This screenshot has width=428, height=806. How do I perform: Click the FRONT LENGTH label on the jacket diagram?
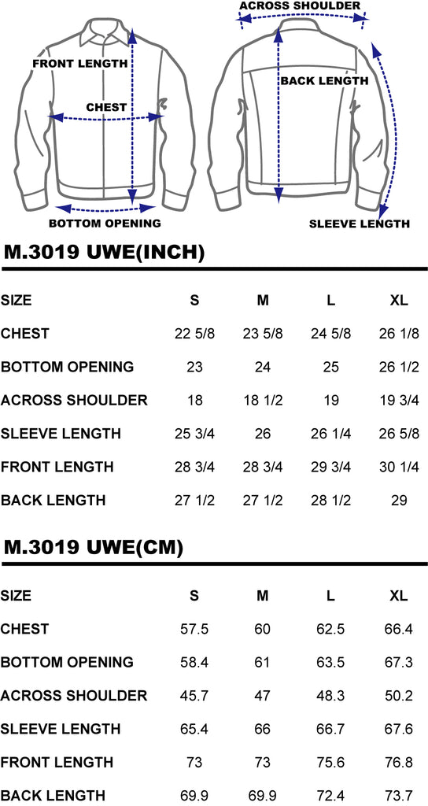79,64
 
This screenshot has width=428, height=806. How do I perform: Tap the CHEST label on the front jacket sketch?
106,107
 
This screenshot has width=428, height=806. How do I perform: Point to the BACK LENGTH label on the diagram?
324,81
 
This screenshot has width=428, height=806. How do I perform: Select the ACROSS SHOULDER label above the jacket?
300,6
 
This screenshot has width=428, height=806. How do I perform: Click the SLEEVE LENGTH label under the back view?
359,224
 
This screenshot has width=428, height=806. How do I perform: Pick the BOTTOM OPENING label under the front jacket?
105,223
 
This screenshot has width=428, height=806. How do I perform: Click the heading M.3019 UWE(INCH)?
105,252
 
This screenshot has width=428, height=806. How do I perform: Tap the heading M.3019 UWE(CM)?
94,548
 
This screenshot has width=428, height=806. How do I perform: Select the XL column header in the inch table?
399,300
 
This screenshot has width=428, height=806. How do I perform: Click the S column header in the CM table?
194,596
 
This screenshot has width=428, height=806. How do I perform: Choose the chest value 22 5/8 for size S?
195,334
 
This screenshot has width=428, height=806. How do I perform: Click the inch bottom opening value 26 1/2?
399,367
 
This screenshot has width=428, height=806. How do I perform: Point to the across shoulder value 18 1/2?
263,401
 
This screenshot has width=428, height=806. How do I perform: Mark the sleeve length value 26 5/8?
399,434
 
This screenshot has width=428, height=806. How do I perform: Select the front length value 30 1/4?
399,468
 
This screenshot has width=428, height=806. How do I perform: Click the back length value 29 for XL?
399,500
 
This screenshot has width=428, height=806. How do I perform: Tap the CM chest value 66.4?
399,629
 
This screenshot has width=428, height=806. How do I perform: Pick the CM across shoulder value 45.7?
194,696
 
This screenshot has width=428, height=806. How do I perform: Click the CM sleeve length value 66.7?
330,729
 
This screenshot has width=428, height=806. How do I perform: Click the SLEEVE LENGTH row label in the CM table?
61,729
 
